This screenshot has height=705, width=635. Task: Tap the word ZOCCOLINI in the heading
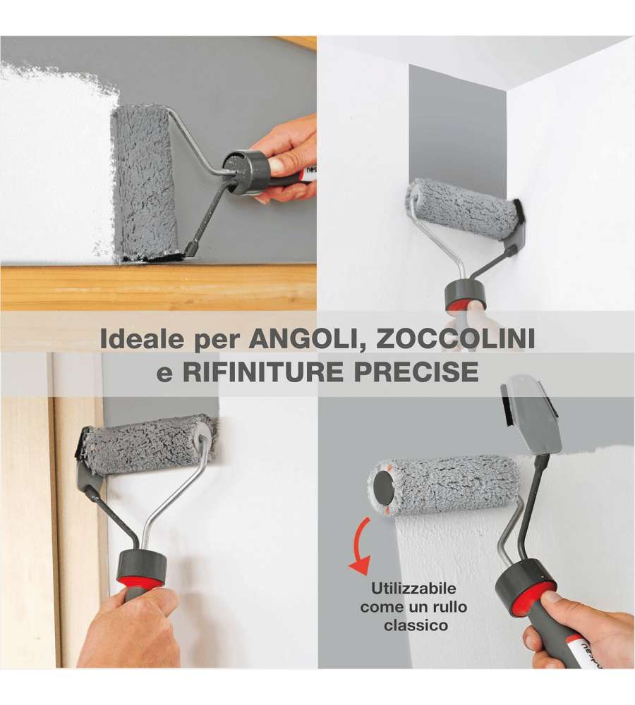[455, 338]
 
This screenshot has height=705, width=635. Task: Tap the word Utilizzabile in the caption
[413, 589]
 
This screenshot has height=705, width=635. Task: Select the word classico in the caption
[416, 625]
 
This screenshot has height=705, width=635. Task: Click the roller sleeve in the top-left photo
[144, 182]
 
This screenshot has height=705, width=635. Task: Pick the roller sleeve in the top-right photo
[461, 205]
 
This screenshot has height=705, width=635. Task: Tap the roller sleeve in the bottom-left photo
[148, 444]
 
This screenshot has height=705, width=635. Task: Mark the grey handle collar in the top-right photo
[466, 294]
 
